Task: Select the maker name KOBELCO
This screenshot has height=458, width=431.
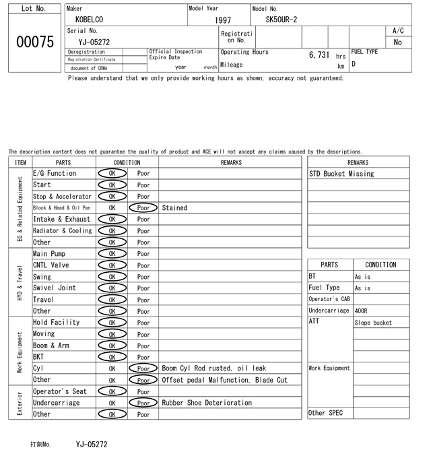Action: (x=90, y=20)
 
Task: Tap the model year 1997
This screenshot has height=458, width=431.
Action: (x=223, y=20)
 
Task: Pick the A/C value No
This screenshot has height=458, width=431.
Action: (x=397, y=42)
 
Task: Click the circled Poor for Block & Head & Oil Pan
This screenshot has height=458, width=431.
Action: (x=143, y=208)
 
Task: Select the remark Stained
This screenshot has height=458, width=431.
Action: (x=174, y=208)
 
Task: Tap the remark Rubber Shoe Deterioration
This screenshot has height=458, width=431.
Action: (x=207, y=403)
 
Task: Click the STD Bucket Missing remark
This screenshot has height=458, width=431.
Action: (x=341, y=174)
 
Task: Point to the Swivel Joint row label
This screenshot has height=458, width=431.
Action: (x=55, y=288)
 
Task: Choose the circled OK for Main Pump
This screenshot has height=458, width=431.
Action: (x=112, y=254)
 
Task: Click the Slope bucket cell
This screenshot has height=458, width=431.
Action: (x=373, y=323)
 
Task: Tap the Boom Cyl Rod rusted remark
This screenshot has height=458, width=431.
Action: (x=213, y=368)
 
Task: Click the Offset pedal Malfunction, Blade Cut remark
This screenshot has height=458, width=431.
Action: (x=224, y=380)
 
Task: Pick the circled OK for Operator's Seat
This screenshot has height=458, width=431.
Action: (x=112, y=391)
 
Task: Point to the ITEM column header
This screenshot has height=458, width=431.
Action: (x=20, y=162)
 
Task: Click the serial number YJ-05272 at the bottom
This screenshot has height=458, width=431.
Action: (x=92, y=445)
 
